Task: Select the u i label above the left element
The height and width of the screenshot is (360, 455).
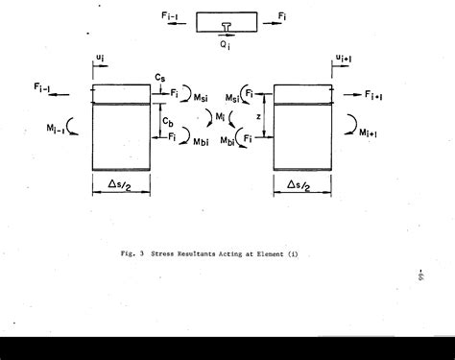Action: tap(102, 59)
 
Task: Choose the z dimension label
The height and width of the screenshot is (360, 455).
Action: tap(258, 115)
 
